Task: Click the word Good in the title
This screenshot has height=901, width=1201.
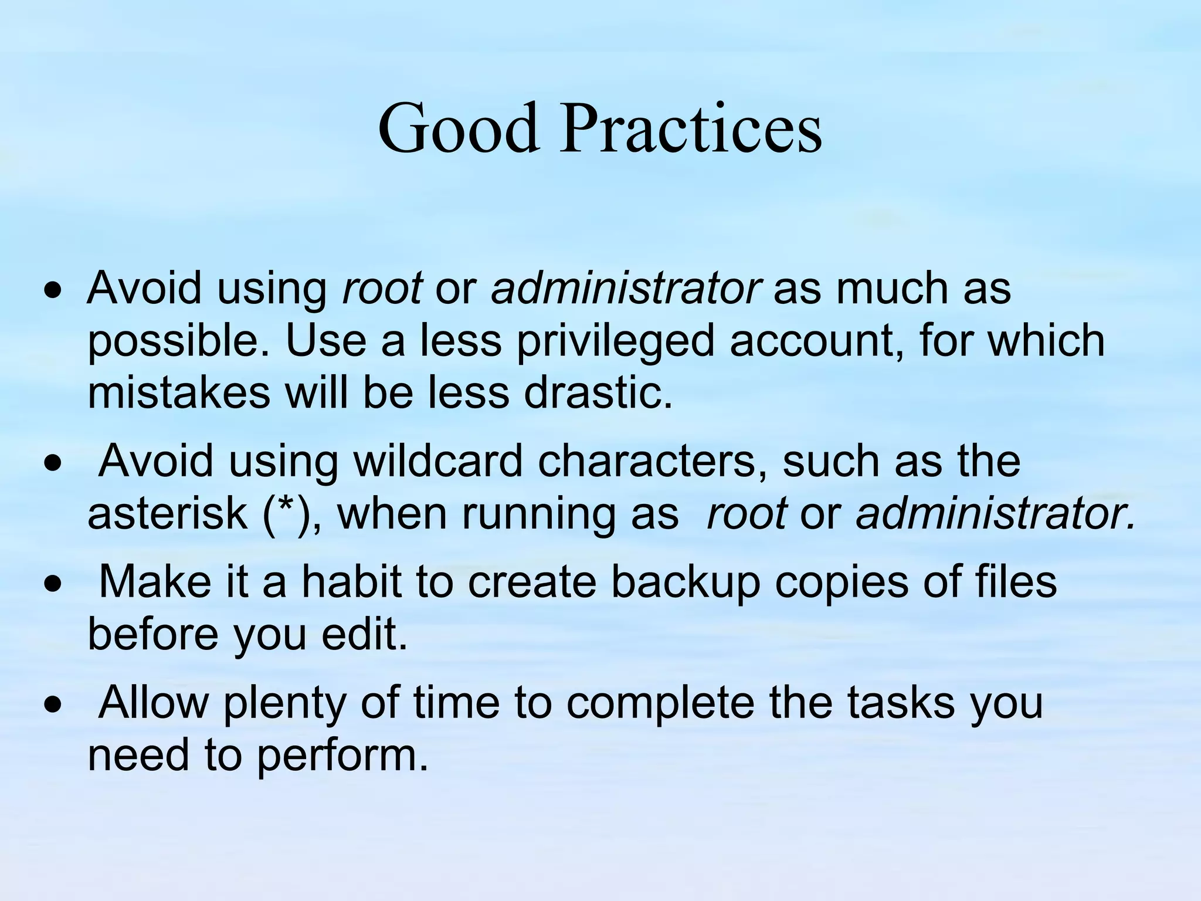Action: (458, 128)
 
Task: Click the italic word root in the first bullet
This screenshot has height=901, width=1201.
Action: (382, 289)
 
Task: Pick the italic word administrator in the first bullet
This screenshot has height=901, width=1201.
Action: (626, 289)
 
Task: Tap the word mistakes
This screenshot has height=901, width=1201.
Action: (179, 393)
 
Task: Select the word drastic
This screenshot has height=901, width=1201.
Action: (598, 393)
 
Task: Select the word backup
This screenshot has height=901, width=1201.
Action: (684, 584)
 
